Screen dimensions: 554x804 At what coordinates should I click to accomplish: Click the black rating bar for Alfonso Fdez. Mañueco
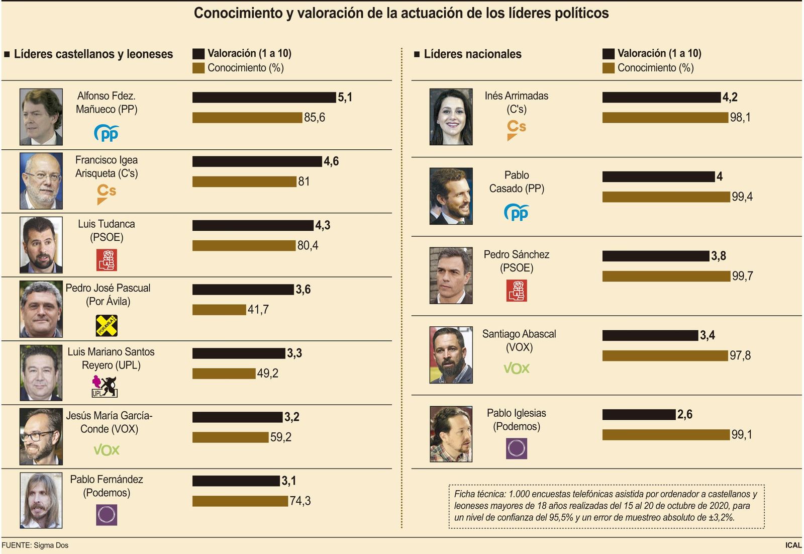click(x=264, y=97)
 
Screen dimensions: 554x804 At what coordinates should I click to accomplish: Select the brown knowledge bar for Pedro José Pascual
click(x=219, y=310)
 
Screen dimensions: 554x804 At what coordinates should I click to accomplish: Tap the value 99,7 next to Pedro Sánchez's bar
click(x=742, y=276)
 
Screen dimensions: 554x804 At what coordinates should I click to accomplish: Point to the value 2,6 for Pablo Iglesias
click(x=684, y=414)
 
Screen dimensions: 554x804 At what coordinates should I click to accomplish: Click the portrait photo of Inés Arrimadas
click(x=451, y=117)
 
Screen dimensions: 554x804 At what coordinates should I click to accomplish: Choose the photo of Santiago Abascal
click(x=451, y=355)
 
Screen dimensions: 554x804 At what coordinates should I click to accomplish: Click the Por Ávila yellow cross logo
click(x=107, y=326)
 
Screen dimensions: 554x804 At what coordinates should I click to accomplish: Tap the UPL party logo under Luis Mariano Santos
click(x=105, y=387)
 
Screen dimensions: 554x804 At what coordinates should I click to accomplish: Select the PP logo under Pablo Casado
click(x=516, y=213)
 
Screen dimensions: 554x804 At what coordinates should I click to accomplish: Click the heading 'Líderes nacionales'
click(x=472, y=54)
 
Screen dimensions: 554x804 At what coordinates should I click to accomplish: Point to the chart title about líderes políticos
click(x=401, y=13)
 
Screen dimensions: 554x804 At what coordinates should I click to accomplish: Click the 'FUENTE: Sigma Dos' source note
click(x=35, y=545)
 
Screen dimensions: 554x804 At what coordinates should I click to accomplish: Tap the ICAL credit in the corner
click(x=793, y=545)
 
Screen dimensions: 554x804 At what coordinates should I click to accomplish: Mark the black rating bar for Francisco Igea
click(x=257, y=161)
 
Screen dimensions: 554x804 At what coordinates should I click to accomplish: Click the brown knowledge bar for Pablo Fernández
click(x=240, y=501)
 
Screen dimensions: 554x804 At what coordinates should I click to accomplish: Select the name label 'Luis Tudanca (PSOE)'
click(x=107, y=231)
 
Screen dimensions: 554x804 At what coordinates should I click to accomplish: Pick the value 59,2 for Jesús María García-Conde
click(x=280, y=437)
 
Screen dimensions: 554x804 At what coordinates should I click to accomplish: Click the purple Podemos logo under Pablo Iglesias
click(x=516, y=448)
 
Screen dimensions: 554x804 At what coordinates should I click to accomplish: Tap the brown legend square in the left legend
click(x=198, y=68)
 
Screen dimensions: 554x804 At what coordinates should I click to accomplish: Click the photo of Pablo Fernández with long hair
click(x=41, y=500)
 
